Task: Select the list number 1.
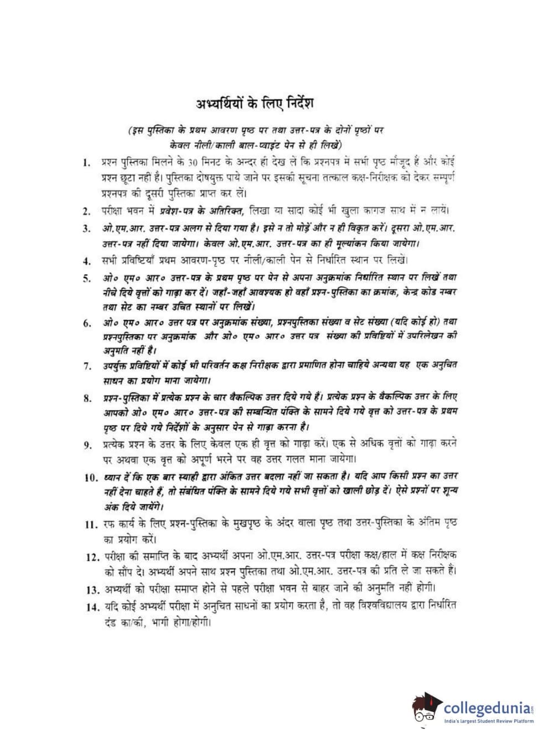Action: click(86, 163)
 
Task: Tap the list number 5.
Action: click(87, 278)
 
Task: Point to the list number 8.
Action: click(87, 398)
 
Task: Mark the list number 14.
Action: click(92, 607)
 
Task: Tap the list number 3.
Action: click(87, 228)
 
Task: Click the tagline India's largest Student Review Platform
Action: click(489, 721)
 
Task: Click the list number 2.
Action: click(87, 211)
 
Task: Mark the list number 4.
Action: click(87, 261)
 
